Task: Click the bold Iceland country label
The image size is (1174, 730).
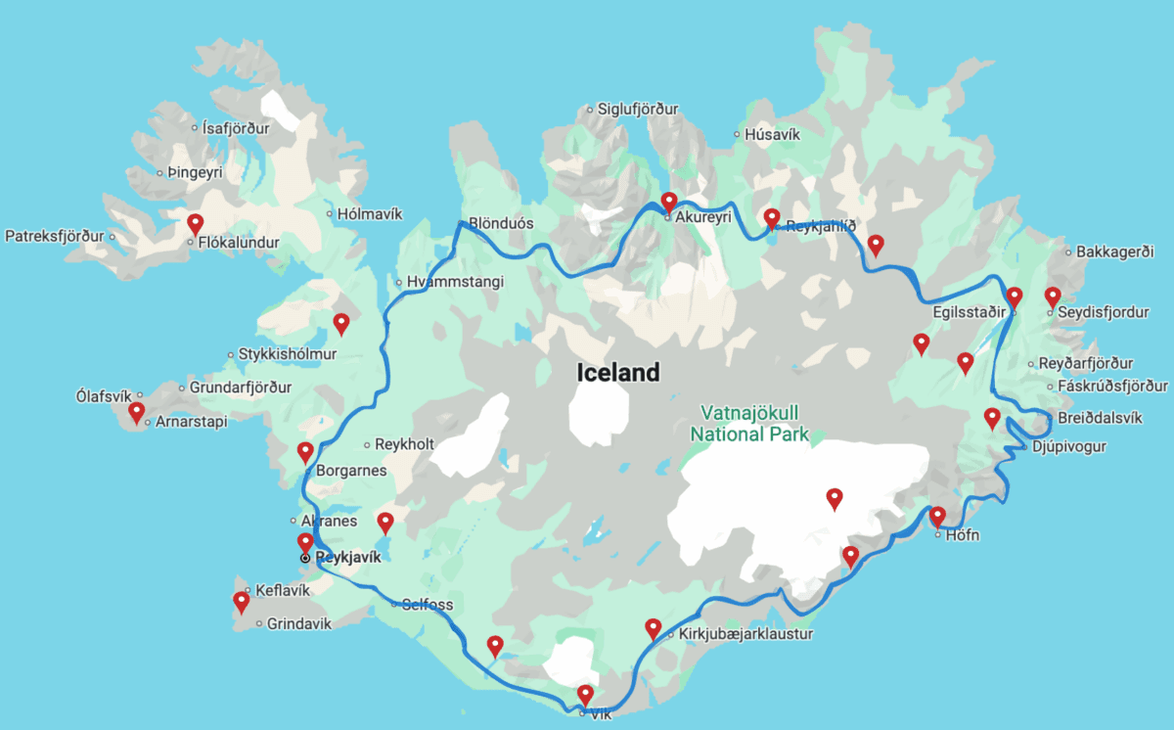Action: (x=618, y=372)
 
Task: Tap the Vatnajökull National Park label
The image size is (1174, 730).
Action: (x=750, y=424)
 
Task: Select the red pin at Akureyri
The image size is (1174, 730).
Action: (x=669, y=203)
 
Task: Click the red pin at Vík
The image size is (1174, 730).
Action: (x=585, y=695)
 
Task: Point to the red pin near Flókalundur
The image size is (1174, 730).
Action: (x=196, y=223)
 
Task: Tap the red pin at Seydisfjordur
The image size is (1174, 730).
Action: (x=1053, y=296)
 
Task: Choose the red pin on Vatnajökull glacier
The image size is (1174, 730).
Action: (x=835, y=498)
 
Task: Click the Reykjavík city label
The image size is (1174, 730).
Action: (x=348, y=557)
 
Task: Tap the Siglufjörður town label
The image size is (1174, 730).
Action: (x=639, y=110)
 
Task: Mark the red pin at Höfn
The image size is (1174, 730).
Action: (x=937, y=516)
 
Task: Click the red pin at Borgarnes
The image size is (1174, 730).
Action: (x=305, y=451)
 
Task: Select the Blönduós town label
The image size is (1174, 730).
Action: (x=501, y=223)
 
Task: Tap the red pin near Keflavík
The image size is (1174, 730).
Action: (x=242, y=601)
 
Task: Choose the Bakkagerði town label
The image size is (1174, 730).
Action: (x=1115, y=251)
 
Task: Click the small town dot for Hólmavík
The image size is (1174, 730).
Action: (x=328, y=213)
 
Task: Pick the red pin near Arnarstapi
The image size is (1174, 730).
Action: (x=137, y=412)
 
